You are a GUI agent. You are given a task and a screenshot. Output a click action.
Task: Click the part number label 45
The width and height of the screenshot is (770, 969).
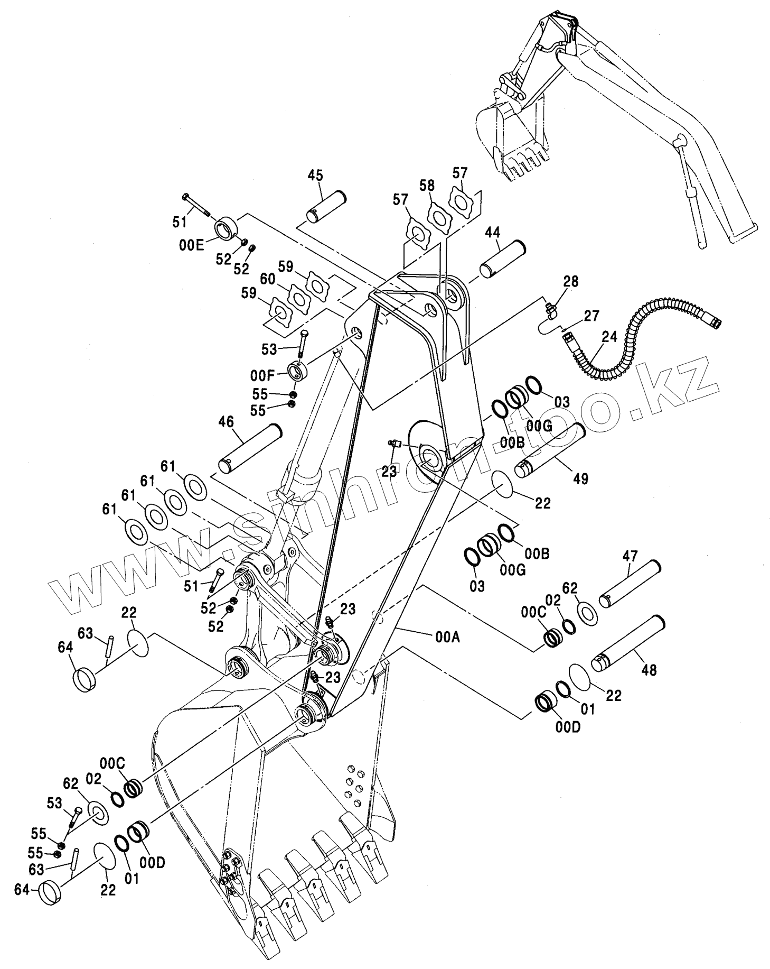[315, 176]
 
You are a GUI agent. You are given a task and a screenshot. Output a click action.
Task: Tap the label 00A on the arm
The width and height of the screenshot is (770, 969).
[448, 638]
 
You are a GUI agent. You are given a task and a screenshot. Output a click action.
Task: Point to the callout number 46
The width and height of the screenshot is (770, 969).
[226, 421]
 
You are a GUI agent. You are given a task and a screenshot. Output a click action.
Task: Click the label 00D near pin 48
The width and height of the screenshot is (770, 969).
[568, 727]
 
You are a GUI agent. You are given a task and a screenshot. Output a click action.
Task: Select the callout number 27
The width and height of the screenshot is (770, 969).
[592, 316]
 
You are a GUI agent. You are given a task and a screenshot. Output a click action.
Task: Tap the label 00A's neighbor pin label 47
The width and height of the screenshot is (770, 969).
[630, 556]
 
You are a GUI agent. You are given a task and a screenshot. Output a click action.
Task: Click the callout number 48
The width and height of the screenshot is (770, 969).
[649, 670]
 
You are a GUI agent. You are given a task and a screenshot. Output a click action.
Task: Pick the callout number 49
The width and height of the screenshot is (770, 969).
[580, 478]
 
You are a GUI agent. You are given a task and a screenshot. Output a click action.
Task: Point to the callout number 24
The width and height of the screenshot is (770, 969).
[609, 337]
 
